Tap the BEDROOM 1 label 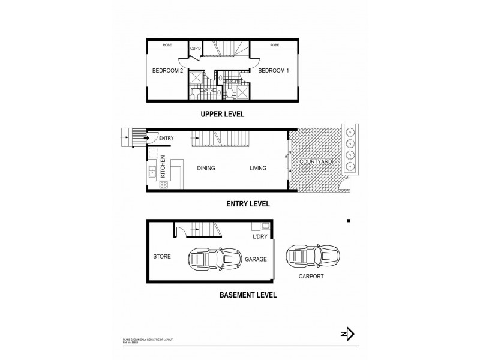click(274, 71)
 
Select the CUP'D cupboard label click(196, 49)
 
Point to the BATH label click(208, 91)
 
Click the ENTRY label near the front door click(166, 139)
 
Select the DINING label click(206, 168)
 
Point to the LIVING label click(258, 168)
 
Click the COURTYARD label click(312, 162)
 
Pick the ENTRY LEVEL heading click(248, 204)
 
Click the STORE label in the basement click(161, 256)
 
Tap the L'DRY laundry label click(260, 238)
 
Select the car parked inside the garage click(206, 259)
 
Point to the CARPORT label click(311, 277)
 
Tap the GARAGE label click(255, 259)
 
